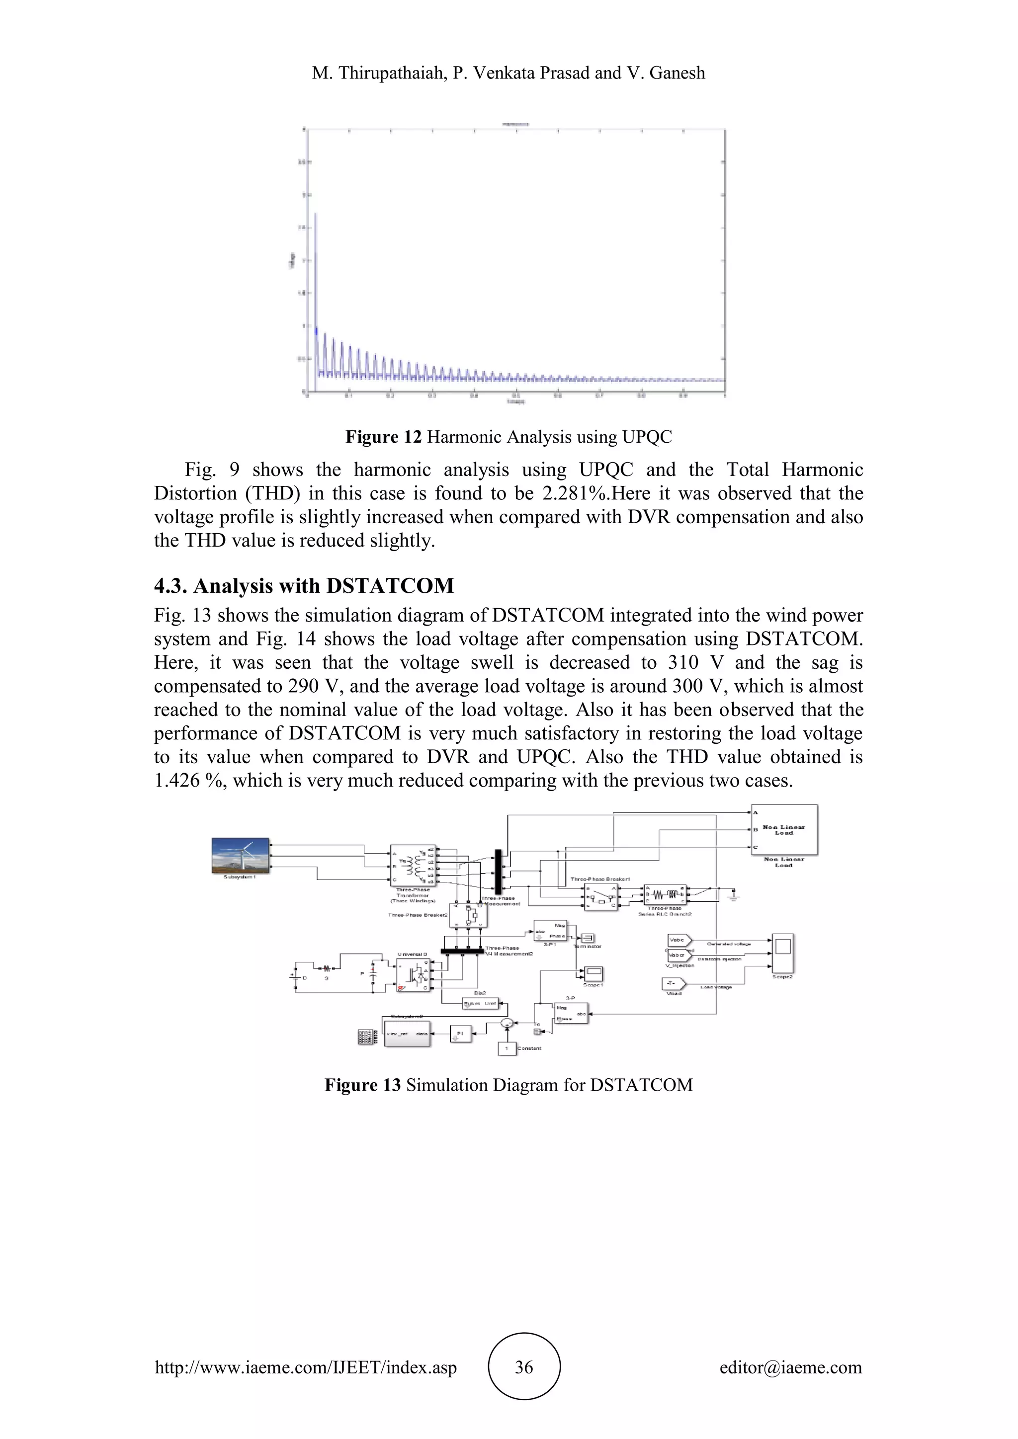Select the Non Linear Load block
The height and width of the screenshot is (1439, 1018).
784,830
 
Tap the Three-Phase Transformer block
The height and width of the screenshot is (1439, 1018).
413,865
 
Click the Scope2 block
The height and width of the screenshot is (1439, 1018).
782,953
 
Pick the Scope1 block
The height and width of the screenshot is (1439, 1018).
593,973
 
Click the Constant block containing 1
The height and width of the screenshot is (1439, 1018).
507,1048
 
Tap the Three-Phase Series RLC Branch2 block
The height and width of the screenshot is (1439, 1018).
666,894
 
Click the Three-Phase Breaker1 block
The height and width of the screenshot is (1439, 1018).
600,897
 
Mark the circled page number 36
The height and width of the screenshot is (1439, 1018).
524,1367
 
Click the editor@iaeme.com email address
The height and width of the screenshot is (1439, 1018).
790,1367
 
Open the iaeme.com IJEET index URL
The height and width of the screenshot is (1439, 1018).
306,1367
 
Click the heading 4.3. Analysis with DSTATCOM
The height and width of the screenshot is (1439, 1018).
304,586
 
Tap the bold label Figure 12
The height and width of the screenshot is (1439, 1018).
384,437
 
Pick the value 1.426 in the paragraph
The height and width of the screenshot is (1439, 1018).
177,780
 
